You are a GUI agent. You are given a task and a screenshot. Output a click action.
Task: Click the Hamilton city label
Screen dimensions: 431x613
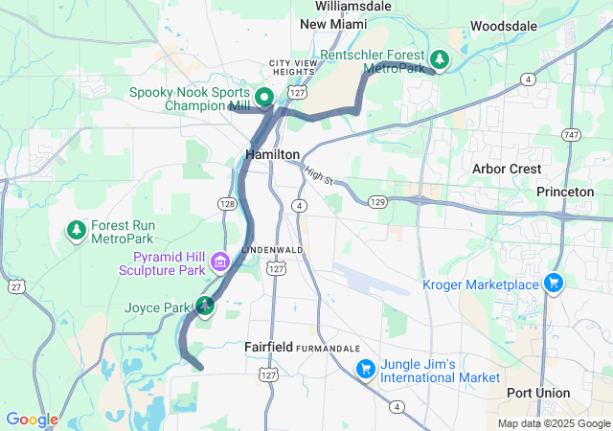[x=273, y=154]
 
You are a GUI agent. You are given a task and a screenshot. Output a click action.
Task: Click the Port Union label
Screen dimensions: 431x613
[x=537, y=393]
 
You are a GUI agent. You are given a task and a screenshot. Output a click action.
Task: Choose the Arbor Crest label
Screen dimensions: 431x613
[x=508, y=169]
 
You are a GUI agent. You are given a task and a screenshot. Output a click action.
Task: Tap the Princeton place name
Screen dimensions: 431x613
[x=565, y=192]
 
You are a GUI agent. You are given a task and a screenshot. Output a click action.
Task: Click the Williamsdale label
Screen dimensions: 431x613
[x=352, y=6]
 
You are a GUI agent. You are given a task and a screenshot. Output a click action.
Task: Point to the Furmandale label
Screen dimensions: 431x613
[x=329, y=347]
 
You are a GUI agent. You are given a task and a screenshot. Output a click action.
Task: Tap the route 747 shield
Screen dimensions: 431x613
[x=572, y=134]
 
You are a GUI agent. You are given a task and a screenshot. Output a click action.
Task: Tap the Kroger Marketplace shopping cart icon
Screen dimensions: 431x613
[x=553, y=283]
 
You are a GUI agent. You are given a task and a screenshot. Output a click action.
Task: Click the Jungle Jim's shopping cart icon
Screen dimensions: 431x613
[x=365, y=369]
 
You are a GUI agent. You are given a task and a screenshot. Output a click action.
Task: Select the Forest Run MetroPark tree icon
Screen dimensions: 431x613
[x=76, y=230]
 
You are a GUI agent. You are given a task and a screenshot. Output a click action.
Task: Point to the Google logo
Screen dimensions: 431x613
[x=32, y=420]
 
